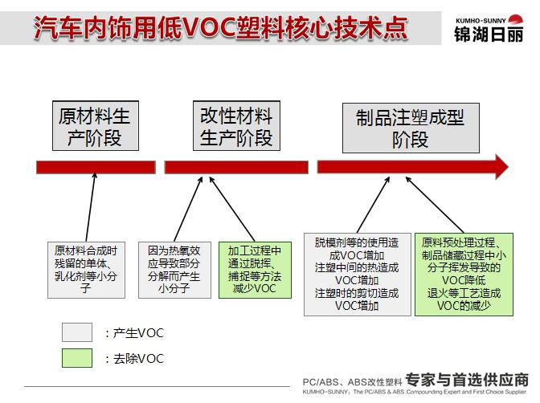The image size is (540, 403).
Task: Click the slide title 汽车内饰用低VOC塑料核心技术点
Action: click(221, 27)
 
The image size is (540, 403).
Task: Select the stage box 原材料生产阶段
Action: click(96, 126)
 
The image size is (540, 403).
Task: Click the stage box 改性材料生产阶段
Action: click(236, 126)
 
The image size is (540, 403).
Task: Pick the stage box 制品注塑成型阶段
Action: click(411, 128)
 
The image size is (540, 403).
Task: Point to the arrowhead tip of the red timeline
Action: click(509, 167)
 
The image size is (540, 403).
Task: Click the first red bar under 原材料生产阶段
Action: click(96, 167)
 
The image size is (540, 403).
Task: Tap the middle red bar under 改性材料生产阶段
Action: click(236, 167)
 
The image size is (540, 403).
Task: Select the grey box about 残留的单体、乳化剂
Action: click(86, 270)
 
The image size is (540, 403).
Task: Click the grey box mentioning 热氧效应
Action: click(174, 270)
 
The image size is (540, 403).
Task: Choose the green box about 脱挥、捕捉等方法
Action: click(255, 270)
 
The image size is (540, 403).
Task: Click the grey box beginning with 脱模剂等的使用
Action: click(358, 275)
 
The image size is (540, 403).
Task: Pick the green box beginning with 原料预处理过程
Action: click(464, 275)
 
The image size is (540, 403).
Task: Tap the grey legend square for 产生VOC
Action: click(77, 332)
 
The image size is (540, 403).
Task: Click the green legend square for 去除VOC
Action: click(77, 358)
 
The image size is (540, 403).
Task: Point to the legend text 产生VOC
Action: click(138, 333)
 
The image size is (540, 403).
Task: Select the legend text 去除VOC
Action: click(138, 359)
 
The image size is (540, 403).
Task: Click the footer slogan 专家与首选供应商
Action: click(467, 380)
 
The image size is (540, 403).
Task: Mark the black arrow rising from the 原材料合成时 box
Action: click(91, 208)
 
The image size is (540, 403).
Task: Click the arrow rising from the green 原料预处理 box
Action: click(435, 206)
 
